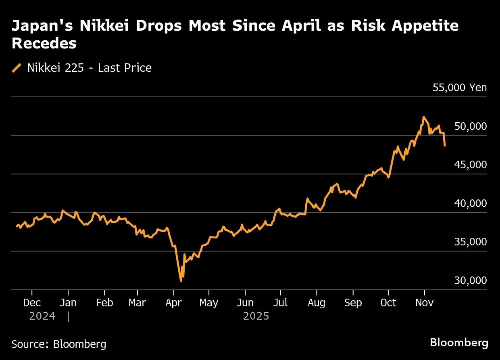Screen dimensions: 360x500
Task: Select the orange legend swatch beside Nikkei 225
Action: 17,68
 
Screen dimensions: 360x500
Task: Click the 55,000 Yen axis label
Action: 460,88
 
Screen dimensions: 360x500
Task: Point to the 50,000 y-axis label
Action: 470,126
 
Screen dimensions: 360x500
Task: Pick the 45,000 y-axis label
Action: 470,165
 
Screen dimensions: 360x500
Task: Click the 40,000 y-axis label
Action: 470,203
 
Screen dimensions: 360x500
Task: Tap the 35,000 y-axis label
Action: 470,242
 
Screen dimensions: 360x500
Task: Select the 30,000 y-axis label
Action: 470,280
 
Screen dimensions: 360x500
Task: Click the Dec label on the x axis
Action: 32,303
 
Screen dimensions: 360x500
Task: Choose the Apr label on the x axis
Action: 174,303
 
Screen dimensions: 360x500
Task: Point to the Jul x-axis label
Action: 280,303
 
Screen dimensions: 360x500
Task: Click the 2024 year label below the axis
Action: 42,316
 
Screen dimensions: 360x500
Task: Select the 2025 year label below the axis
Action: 256,316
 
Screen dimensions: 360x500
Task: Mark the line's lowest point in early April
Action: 181,280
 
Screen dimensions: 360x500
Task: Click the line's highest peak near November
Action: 423,117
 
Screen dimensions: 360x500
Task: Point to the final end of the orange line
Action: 445,145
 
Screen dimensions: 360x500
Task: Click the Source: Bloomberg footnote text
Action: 59,344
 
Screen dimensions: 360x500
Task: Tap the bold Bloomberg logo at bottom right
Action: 459,343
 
